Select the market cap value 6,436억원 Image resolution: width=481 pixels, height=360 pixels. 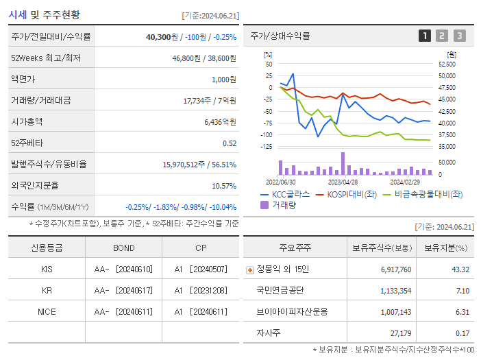tap(220, 121)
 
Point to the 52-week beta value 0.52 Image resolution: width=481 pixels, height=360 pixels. tap(230, 143)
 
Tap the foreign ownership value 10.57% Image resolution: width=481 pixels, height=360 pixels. tap(224, 185)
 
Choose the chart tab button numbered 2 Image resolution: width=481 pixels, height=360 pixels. tap(442, 36)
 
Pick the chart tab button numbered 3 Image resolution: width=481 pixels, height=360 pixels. tap(459, 36)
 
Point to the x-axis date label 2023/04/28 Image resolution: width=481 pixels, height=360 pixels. tap(343, 182)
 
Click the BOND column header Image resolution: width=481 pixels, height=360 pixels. tap(124, 248)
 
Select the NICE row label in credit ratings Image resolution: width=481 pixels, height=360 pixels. tap(47, 311)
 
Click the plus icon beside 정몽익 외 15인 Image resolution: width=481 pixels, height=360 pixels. tap(249, 269)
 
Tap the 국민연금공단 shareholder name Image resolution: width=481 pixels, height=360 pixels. tap(280, 290)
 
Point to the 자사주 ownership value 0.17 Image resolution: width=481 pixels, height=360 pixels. tap(463, 333)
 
